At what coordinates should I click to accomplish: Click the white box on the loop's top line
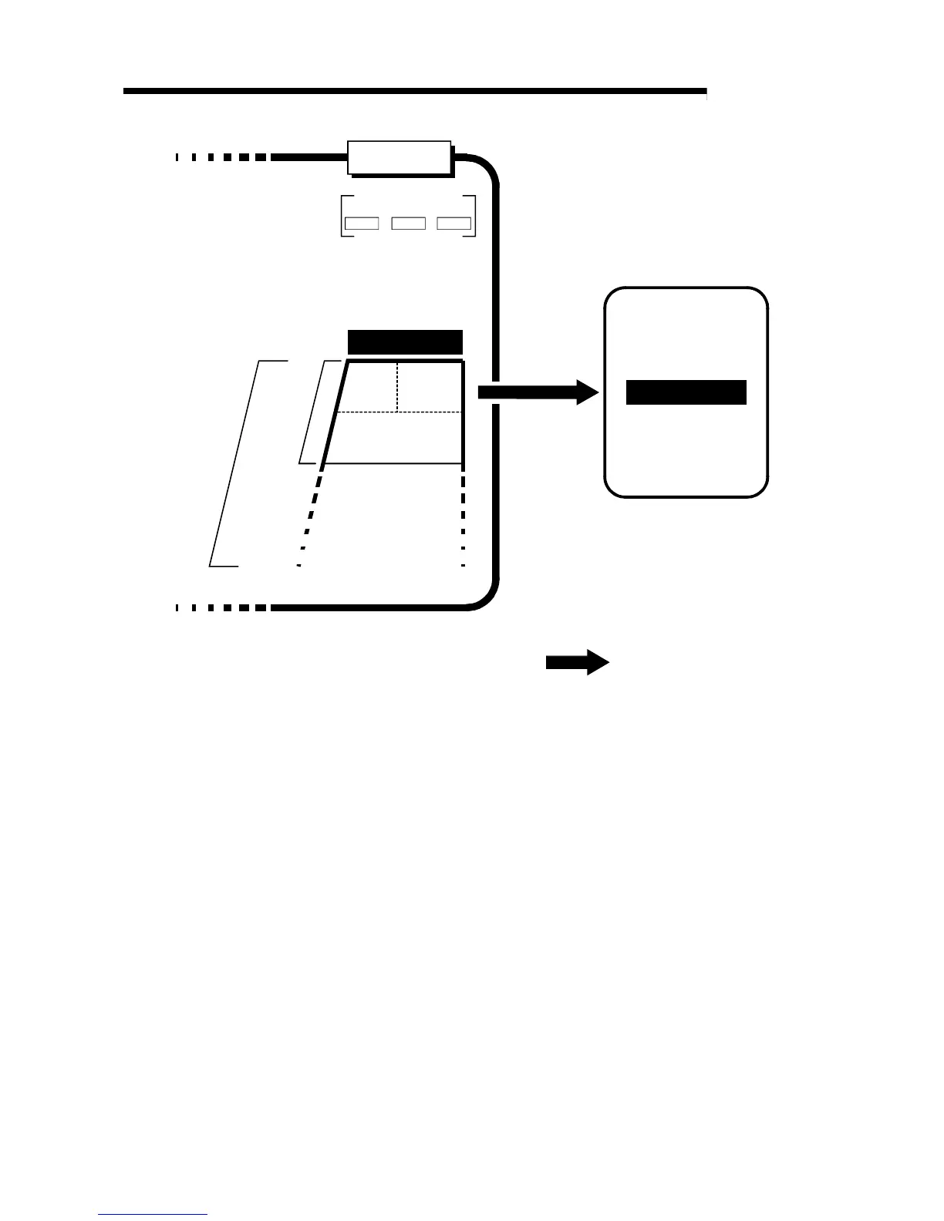click(x=400, y=158)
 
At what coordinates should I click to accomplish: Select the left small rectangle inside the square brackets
click(x=361, y=224)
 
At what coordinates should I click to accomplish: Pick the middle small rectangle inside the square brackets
click(x=409, y=224)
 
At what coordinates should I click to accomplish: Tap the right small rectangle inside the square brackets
click(x=454, y=224)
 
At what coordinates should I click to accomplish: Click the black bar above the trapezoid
click(x=405, y=341)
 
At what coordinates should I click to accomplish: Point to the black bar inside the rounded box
click(x=686, y=392)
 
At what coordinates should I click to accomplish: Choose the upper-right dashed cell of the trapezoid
click(x=430, y=386)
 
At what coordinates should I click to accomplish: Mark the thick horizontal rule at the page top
click(x=414, y=91)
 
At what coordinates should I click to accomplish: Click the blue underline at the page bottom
click(x=153, y=1214)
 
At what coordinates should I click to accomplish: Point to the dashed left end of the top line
click(x=221, y=157)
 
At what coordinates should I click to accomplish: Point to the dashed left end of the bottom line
click(x=221, y=607)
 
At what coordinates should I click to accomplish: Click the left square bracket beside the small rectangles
click(x=342, y=216)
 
